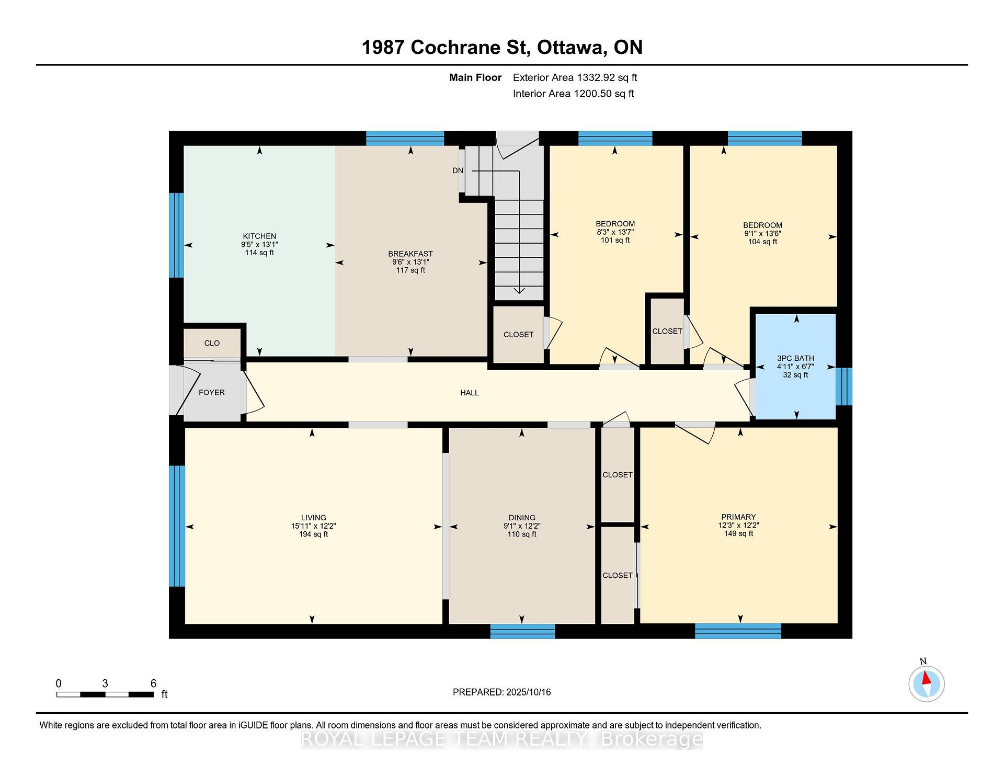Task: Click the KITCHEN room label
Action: point(259,236)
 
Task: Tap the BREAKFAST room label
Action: point(410,254)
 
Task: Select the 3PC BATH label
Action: point(795,359)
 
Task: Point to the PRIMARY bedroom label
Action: point(738,517)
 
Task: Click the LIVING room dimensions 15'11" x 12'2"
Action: point(313,526)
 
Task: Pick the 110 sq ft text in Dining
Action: point(522,534)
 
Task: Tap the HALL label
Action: point(470,393)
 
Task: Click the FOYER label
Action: point(212,393)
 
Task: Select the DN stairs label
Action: point(458,170)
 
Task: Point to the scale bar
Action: point(105,694)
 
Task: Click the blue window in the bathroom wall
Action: point(843,386)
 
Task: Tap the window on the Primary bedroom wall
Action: point(738,631)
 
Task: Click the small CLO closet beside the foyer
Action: point(212,343)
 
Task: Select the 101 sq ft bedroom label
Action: point(615,241)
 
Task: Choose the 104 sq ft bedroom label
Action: point(762,242)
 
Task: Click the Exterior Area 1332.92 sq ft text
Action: point(575,78)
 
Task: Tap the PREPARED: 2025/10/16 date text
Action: point(502,692)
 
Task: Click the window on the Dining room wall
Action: point(522,631)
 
